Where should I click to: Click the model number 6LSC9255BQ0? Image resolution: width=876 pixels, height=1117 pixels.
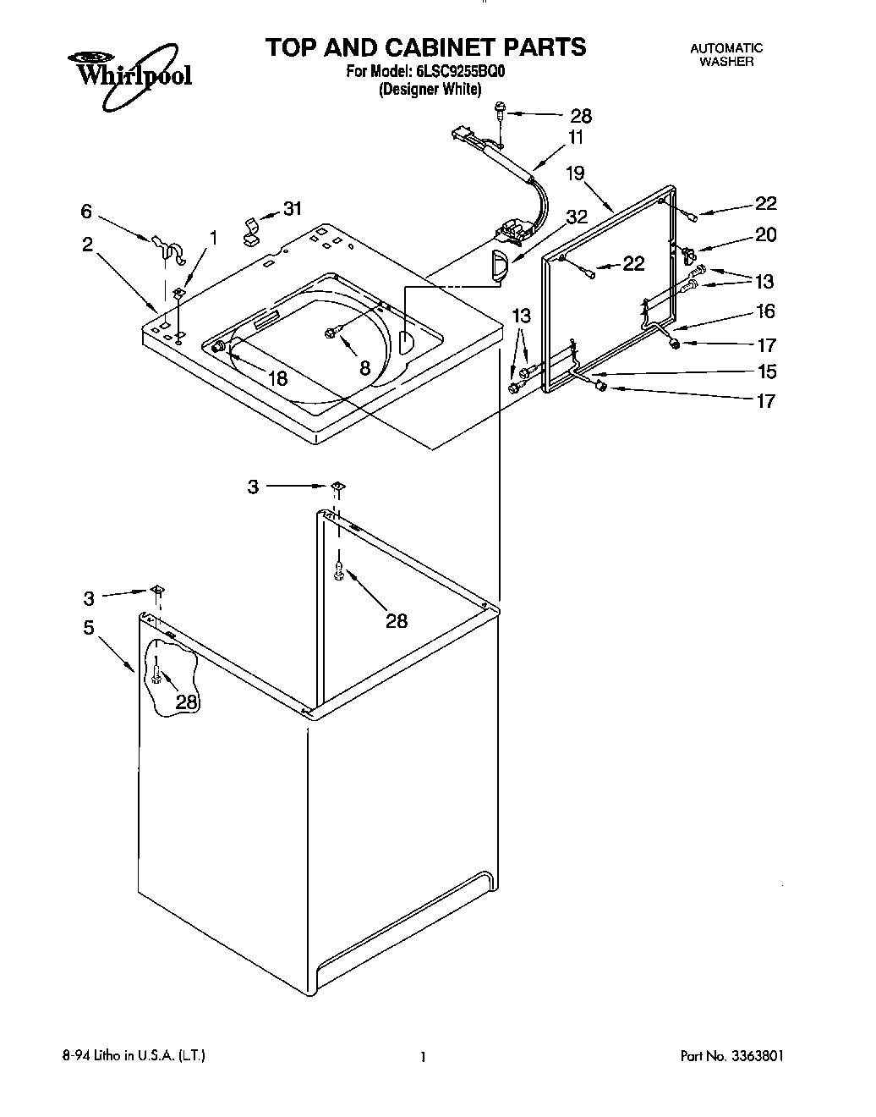pos(457,71)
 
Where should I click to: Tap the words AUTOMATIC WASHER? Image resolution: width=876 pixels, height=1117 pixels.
pos(726,55)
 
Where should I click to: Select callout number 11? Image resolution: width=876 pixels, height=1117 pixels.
pos(575,137)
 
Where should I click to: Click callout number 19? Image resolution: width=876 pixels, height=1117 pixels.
pos(575,173)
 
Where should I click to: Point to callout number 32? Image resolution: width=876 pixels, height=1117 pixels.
pos(577,216)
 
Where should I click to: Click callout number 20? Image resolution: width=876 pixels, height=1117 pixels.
pos(765,234)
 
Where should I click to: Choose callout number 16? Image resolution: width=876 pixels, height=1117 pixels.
pos(765,311)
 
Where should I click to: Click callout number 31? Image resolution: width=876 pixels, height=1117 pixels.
pos(292,208)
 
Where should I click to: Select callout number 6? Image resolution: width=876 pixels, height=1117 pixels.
pos(86,212)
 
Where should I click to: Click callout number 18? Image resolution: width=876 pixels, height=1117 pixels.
pos(277,378)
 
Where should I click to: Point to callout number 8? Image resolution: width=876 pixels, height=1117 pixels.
pos(364,368)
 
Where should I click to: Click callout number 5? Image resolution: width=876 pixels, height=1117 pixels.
pos(88,627)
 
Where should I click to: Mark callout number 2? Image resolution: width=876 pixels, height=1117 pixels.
pos(88,245)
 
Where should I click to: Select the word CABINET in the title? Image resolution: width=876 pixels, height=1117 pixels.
pos(445,47)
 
